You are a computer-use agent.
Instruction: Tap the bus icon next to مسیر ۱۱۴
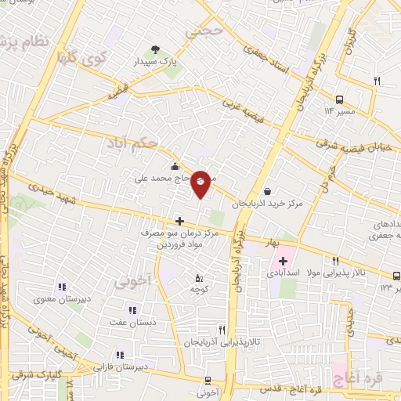339,99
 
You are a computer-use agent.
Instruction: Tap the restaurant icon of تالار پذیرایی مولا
335,261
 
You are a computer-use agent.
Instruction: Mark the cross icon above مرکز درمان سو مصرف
179,222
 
